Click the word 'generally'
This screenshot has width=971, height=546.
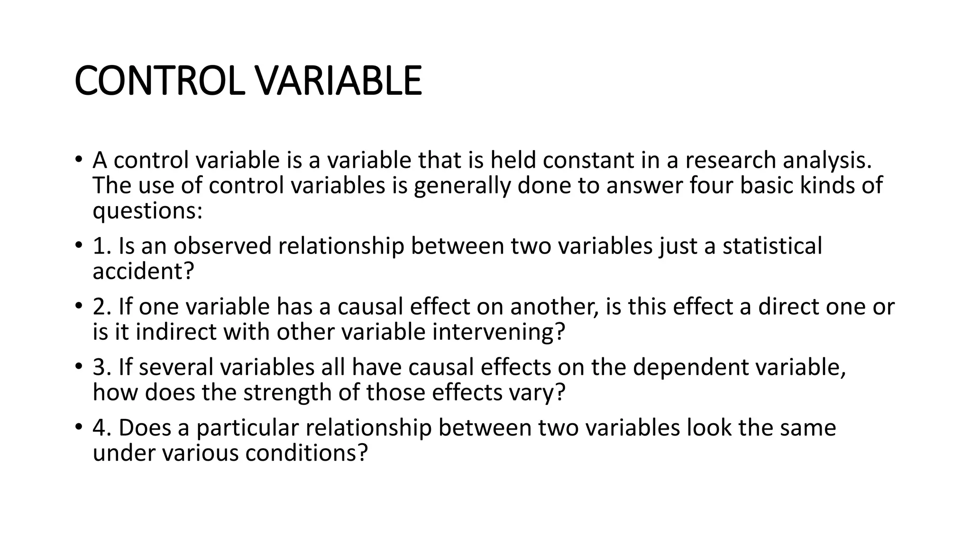pos(462,185)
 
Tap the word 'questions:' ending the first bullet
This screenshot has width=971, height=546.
pos(147,210)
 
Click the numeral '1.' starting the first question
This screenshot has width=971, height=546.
pos(102,246)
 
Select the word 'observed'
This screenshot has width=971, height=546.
pos(222,246)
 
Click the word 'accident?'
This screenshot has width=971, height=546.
pos(143,271)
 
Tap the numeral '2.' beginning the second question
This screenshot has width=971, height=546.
pos(102,307)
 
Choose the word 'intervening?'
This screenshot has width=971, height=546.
pos(499,332)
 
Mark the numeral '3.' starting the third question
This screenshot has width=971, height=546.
pos(102,367)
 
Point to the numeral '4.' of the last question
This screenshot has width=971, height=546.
pos(102,428)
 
